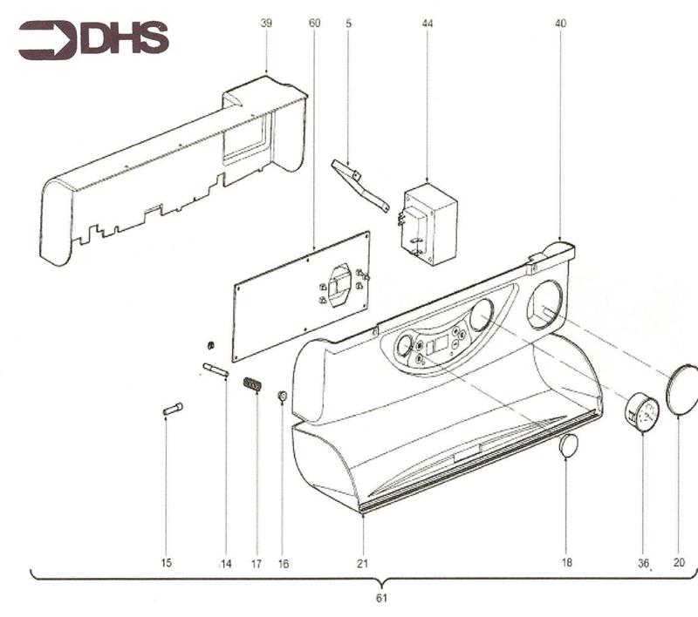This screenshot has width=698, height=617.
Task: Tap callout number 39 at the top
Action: point(266,24)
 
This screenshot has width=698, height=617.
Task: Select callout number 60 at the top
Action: point(314,24)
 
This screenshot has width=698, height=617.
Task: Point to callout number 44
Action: point(427,24)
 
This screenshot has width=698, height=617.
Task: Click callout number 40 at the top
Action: point(560,24)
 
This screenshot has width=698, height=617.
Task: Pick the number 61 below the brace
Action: point(380,598)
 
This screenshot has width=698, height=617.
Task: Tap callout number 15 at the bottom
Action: point(166,564)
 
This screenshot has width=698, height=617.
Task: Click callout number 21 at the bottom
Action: point(362,564)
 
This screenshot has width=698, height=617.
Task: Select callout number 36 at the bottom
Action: point(643,564)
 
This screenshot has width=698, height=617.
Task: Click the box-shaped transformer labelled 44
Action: point(429,222)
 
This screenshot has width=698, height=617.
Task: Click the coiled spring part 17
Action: point(252,383)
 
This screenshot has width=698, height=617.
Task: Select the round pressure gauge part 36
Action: point(642,412)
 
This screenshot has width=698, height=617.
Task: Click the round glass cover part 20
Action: point(682,390)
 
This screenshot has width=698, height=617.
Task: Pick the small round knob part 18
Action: point(568,445)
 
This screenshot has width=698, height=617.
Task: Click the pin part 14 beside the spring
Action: point(216,370)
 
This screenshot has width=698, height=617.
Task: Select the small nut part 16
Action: point(282,397)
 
